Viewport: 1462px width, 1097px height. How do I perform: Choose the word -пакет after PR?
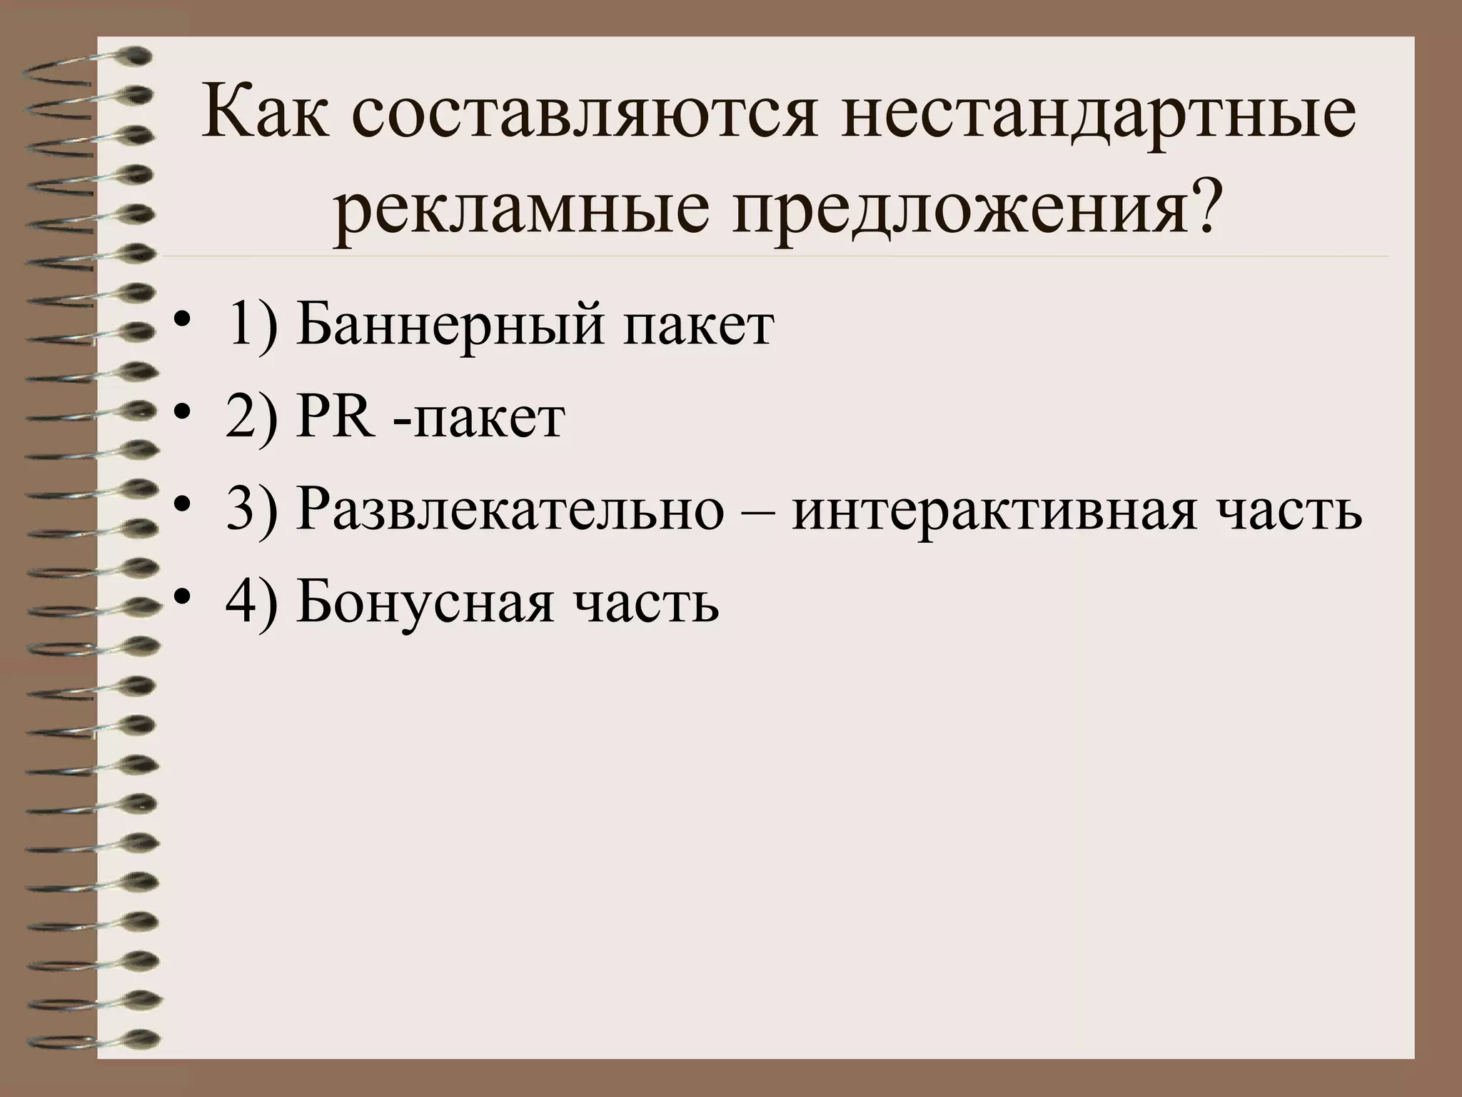coord(478,420)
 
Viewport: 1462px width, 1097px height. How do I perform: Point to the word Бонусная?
coord(425,603)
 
